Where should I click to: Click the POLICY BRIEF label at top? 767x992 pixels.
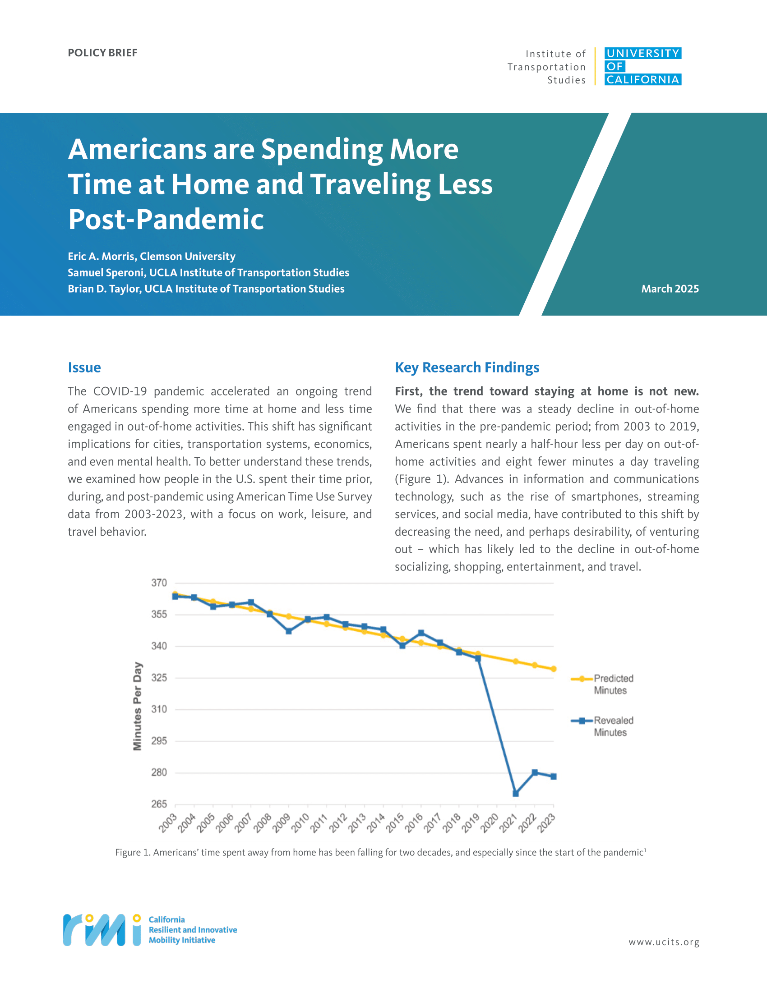coord(102,53)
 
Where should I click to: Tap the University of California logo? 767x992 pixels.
coord(642,66)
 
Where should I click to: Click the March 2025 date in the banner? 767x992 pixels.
coord(670,289)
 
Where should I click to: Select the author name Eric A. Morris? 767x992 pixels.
coord(102,257)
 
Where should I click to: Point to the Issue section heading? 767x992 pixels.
coord(84,367)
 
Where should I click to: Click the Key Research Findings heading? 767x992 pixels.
coord(467,367)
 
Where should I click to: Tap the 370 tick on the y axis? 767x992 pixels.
coord(159,583)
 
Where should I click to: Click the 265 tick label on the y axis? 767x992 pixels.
coord(159,804)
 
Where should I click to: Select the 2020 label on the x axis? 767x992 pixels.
coord(490,823)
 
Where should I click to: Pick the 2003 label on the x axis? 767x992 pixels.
coord(168,823)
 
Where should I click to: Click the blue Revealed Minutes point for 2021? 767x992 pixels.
coord(516,794)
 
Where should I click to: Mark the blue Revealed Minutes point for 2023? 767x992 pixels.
coord(554,777)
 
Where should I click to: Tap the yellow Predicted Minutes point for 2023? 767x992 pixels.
coord(554,669)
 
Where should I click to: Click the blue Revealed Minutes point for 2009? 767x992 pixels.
coord(289,631)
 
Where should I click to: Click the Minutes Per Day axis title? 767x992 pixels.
coord(137,706)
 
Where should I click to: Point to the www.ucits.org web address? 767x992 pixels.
coord(664,942)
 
